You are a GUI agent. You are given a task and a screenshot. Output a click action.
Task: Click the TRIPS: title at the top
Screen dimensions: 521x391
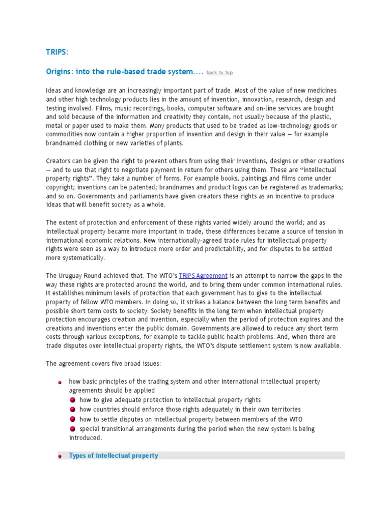pos(57,53)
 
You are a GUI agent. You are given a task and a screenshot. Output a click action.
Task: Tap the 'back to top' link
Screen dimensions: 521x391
pos(219,73)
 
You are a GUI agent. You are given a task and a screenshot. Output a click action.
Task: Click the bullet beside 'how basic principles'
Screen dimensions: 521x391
pos(60,382)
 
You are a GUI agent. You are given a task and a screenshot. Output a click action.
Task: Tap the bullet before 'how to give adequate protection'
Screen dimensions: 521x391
pos(73,400)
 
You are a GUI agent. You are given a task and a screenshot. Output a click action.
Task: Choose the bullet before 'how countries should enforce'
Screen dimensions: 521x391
pos(73,410)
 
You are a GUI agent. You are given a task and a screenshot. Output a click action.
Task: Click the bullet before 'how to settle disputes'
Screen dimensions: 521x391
pos(73,419)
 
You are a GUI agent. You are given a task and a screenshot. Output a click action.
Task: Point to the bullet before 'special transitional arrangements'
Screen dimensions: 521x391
pos(73,429)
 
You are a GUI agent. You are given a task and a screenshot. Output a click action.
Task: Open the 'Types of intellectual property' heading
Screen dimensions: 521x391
pos(114,455)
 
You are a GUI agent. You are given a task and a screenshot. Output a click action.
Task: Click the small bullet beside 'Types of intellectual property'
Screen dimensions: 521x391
pos(60,456)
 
